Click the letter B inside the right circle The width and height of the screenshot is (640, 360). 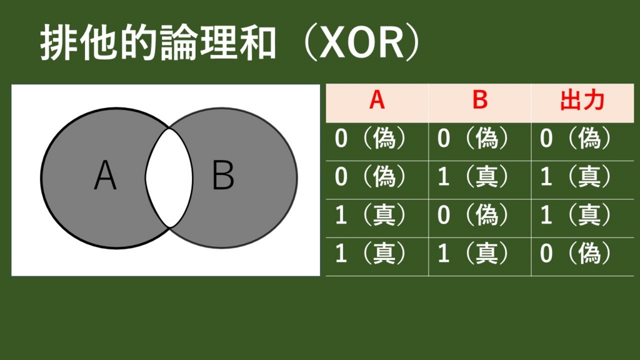(223, 176)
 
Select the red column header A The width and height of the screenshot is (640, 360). (377, 101)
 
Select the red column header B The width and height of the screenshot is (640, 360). (479, 101)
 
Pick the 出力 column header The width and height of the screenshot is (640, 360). (582, 101)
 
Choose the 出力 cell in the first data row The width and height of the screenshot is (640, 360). (576, 139)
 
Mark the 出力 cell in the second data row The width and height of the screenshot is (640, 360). (576, 177)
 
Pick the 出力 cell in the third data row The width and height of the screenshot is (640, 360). (576, 216)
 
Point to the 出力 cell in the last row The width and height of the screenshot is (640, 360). (576, 254)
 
